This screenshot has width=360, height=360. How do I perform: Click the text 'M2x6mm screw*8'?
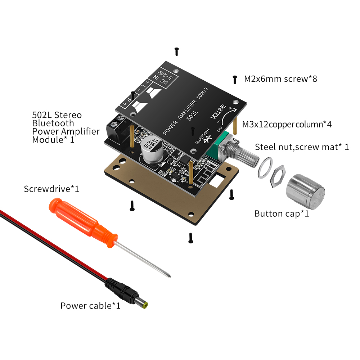[x=280, y=78]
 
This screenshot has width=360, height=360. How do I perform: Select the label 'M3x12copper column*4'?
[x=287, y=125]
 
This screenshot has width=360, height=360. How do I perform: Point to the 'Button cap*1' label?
[x=282, y=213]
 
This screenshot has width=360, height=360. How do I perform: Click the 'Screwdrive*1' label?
[x=51, y=189]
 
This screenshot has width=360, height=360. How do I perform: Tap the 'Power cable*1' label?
[x=90, y=306]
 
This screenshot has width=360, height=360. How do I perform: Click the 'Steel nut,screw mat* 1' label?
[x=302, y=147]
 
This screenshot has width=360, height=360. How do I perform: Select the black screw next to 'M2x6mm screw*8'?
[x=235, y=79]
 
